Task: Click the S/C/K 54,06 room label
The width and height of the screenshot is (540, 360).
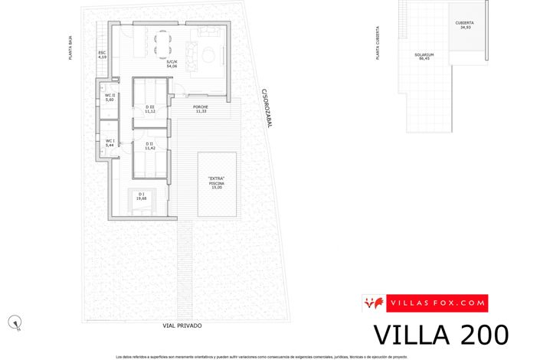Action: (x=172, y=64)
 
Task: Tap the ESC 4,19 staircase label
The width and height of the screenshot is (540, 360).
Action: (x=102, y=54)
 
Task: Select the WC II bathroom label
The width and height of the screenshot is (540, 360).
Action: (x=110, y=98)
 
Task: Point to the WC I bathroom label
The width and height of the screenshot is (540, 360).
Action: (x=110, y=142)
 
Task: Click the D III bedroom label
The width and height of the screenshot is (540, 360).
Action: (x=150, y=110)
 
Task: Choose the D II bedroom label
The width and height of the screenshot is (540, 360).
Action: (x=150, y=144)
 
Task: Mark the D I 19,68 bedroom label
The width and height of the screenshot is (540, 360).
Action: (x=142, y=196)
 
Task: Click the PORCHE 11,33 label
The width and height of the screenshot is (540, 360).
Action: (x=201, y=109)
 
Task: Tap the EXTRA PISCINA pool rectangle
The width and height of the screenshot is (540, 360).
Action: (x=217, y=184)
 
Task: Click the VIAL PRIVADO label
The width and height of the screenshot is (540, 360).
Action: (x=182, y=326)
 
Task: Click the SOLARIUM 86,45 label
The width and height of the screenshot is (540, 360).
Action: (x=424, y=57)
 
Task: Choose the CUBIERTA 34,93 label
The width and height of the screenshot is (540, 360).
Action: (x=464, y=25)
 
